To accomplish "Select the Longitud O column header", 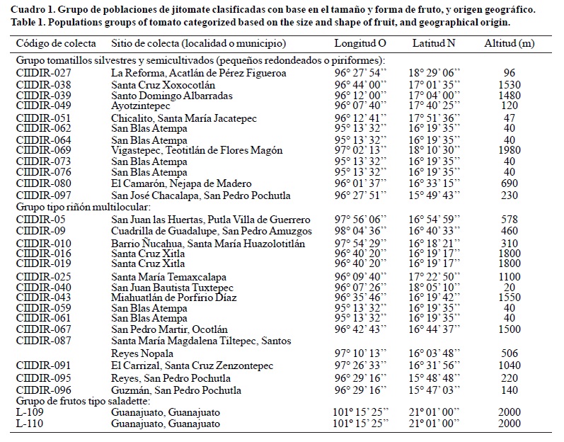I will tap(359, 43).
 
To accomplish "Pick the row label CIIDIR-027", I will tap(43, 73).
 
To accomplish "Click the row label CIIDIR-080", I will tap(43, 183).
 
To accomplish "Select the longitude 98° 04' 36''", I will tap(359, 230).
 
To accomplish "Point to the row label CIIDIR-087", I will tap(43, 341).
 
